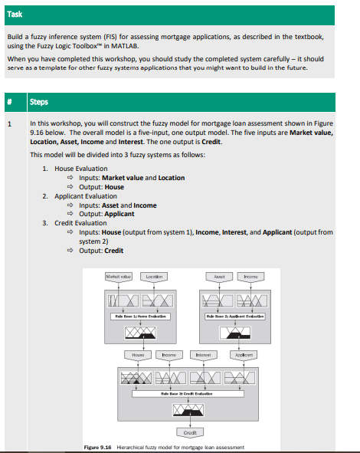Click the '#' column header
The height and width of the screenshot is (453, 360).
click(x=10, y=101)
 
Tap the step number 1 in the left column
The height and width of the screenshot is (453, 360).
click(x=9, y=123)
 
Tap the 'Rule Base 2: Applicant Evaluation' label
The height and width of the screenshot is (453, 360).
click(x=234, y=315)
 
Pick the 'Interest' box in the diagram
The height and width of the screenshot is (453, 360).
click(x=203, y=355)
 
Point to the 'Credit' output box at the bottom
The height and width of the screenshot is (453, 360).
click(x=187, y=432)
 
